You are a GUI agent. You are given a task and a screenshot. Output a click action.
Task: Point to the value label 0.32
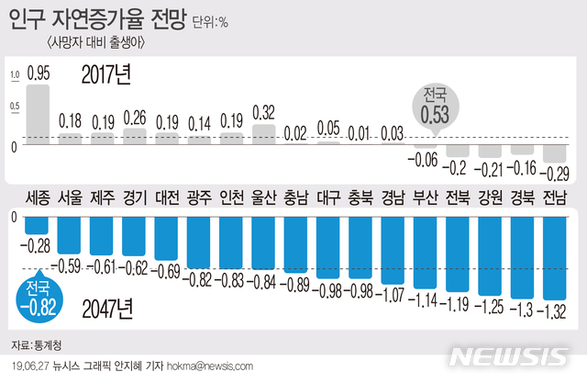pyautogui.click(x=264, y=114)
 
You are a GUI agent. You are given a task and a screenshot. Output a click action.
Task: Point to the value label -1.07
pyautogui.click(x=393, y=294)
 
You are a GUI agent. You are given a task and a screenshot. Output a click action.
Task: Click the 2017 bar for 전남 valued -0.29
pyautogui.click(x=553, y=152)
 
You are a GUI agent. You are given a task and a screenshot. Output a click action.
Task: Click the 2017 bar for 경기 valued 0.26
pyautogui.click(x=134, y=135)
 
